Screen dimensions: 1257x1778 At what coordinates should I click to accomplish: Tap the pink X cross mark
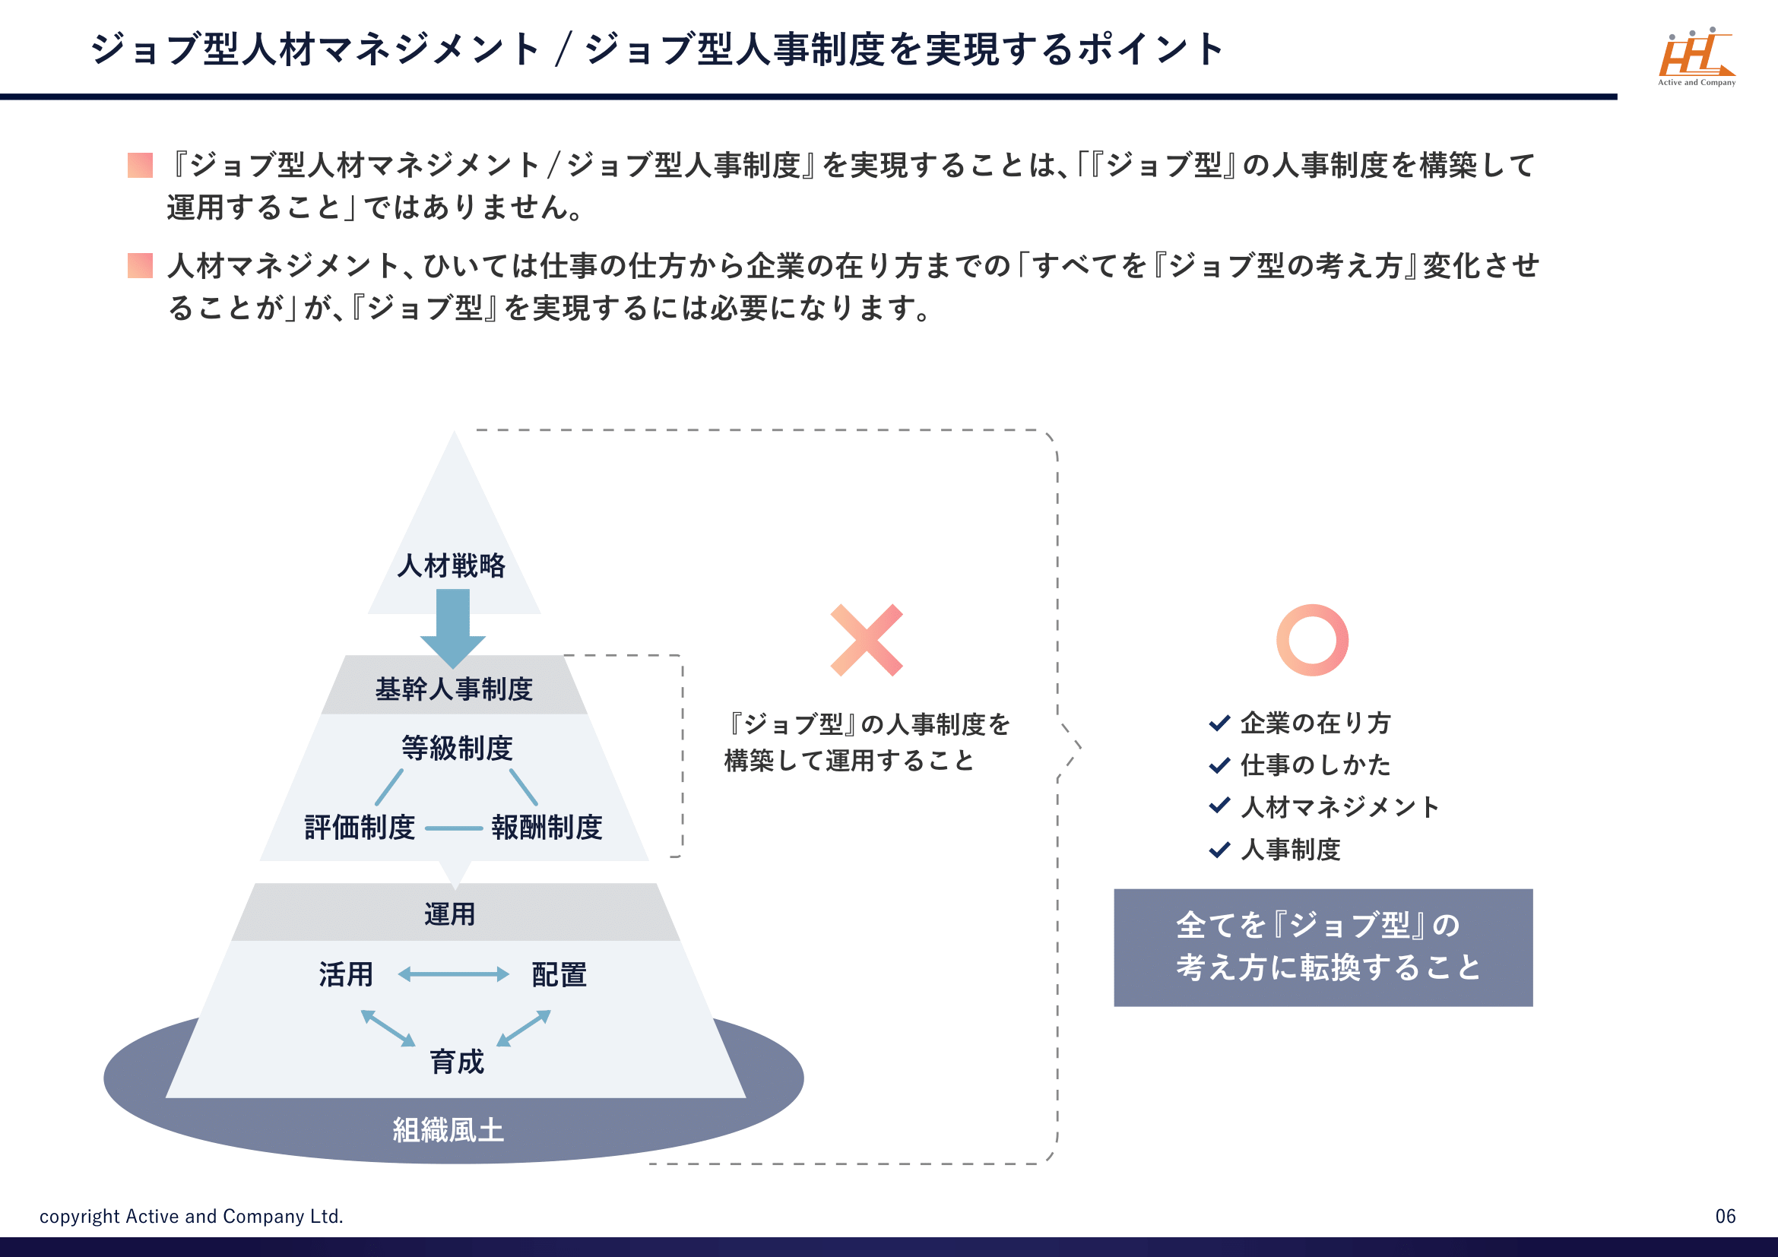(866, 640)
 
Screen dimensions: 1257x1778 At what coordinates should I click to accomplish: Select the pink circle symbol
(1312, 640)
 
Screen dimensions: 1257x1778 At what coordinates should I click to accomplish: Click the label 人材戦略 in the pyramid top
(452, 566)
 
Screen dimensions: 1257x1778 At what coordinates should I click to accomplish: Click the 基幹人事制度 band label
(454, 689)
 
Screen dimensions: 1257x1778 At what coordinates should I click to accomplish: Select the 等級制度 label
(457, 748)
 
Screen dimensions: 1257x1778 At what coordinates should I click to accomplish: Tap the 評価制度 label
(360, 828)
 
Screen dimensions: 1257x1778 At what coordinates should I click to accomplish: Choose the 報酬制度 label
(547, 828)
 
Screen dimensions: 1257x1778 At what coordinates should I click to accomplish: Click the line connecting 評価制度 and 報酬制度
(454, 828)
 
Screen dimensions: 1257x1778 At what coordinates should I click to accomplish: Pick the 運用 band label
(450, 914)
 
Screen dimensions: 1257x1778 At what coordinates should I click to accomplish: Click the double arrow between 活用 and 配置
(454, 974)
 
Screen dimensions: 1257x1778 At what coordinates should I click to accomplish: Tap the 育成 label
(457, 1062)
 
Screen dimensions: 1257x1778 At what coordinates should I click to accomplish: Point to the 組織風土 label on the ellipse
(448, 1130)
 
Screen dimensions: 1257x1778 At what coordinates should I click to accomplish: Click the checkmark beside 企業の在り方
(1219, 723)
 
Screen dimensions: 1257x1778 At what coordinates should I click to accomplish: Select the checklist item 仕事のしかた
(1315, 765)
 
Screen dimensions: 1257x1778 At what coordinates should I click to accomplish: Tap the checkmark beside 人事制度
(1219, 850)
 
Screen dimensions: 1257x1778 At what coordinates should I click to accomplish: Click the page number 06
(1726, 1216)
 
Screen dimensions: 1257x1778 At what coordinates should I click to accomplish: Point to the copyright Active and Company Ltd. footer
(192, 1216)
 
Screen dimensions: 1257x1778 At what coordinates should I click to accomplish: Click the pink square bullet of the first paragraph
(140, 165)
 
